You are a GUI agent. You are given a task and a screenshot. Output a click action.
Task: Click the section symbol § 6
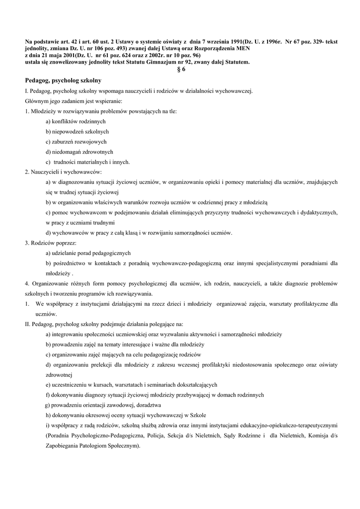[181, 69]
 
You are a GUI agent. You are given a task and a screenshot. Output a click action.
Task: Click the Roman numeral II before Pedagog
[28, 324]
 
